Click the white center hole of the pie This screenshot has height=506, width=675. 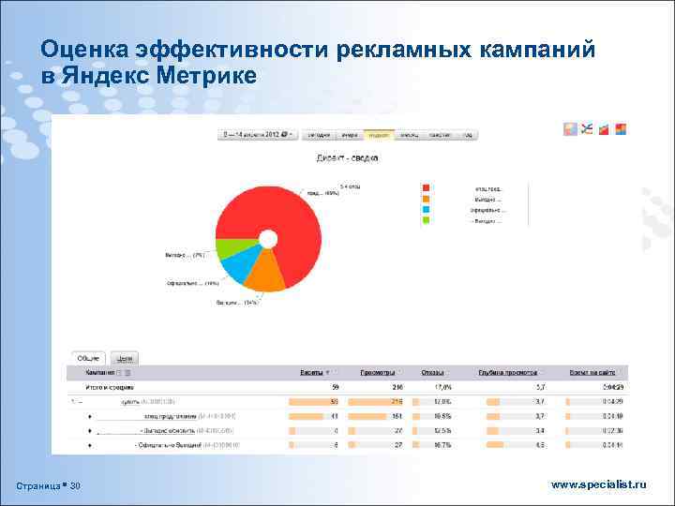(x=267, y=239)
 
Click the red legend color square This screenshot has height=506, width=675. (x=426, y=187)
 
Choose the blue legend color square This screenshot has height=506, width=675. (x=426, y=210)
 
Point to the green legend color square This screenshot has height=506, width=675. (x=426, y=221)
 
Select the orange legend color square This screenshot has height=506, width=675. (x=426, y=199)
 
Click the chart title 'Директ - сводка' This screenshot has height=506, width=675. (x=346, y=157)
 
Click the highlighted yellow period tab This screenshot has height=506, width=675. (x=378, y=134)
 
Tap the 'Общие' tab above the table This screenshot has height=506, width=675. (x=89, y=357)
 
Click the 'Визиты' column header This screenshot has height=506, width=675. (x=313, y=372)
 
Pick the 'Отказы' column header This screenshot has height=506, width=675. (x=433, y=372)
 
